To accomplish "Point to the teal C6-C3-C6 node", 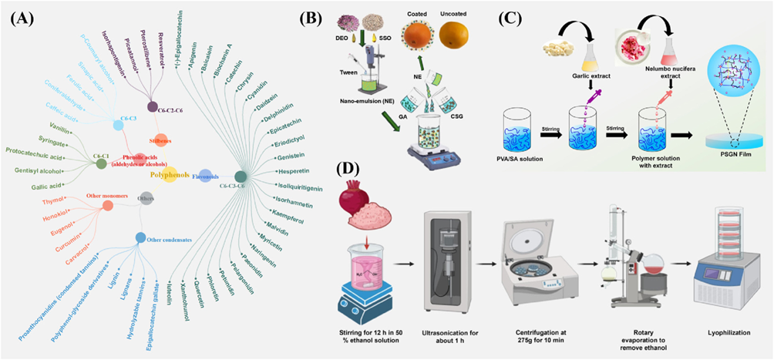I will click(241, 176).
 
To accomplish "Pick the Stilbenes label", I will click(163, 141).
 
